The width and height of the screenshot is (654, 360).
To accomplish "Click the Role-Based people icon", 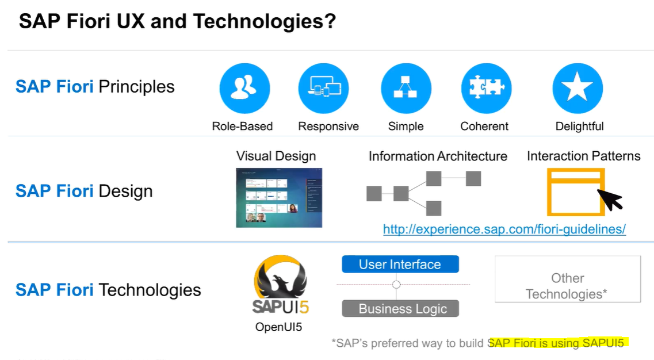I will click(244, 88).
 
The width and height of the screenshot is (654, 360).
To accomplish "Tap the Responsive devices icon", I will click(323, 88).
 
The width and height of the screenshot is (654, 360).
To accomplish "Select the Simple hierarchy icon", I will click(406, 88).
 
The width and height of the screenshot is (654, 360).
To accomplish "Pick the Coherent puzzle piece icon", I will click(486, 88).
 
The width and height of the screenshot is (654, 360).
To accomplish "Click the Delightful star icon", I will click(577, 88).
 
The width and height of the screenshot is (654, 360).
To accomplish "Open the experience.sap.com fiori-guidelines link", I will click(504, 229).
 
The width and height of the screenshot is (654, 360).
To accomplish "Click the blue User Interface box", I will click(400, 265).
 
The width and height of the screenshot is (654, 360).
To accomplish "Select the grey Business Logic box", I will click(400, 309).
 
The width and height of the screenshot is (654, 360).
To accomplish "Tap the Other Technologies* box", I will click(567, 279).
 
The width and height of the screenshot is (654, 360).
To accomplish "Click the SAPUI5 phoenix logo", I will click(280, 286).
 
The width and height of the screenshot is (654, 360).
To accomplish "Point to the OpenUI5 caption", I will click(278, 327).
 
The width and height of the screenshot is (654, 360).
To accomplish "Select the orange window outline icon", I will click(575, 192).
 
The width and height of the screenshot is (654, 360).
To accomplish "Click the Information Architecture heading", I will click(438, 156).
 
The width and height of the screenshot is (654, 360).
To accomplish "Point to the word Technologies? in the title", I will click(264, 22).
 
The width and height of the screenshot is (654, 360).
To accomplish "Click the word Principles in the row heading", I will click(136, 87).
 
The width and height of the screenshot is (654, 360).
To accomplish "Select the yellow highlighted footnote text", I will click(556, 343).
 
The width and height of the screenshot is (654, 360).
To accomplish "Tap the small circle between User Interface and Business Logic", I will click(396, 285).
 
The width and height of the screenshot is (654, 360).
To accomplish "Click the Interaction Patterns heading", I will click(583, 156).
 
